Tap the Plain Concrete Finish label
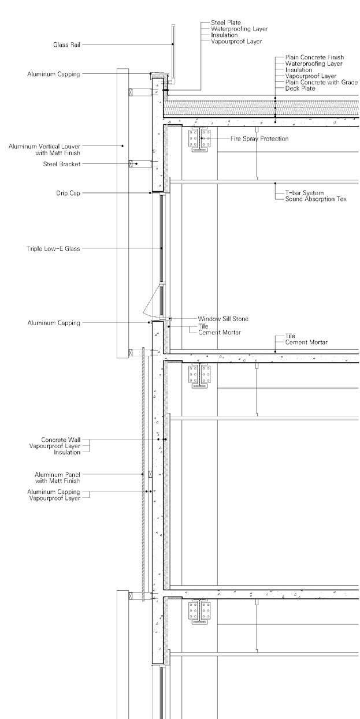pos(314,57)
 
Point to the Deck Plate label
pos(300,88)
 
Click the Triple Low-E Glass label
pos(53,248)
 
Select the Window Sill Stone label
pos(223,318)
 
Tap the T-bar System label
pos(304,192)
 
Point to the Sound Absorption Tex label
pos(316,199)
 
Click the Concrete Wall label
pos(61,439)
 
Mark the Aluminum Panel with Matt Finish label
pos(57,477)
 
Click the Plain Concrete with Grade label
pos(321,81)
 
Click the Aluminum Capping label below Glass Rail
pos(54,74)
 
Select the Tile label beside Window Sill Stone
pos(203,326)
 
